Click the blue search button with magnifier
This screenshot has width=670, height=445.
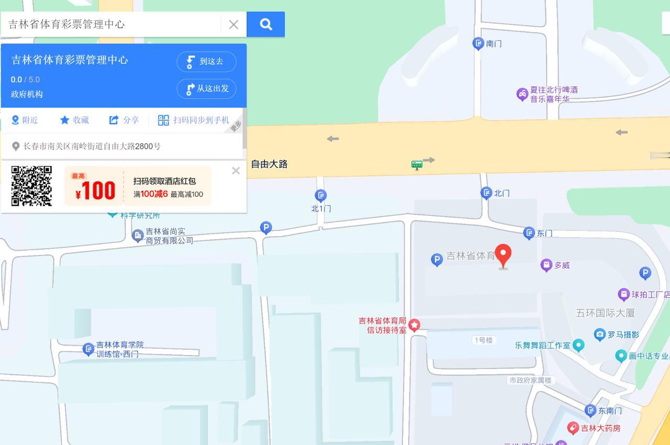point(265,25)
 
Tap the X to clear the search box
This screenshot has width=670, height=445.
point(233,25)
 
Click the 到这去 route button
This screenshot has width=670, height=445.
point(206,62)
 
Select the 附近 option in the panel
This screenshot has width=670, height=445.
point(25,120)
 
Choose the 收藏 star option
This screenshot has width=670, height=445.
point(74,120)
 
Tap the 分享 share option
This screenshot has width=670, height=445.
point(124,120)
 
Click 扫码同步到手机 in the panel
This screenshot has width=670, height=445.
point(194,120)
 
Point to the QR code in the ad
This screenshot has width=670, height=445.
point(31,186)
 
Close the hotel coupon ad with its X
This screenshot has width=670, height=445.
point(236,171)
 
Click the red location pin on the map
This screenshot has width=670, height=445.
point(503,255)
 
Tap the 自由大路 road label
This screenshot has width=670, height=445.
point(269,164)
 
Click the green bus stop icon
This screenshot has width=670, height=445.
point(417,165)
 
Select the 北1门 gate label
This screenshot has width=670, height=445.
point(321,208)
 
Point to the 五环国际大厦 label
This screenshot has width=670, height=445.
point(606,313)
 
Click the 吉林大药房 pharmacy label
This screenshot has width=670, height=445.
point(600,428)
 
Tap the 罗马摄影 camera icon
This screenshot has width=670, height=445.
point(600,334)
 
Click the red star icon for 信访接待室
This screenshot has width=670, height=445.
point(414,325)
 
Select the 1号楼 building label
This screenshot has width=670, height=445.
point(483,340)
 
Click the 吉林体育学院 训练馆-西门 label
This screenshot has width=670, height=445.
point(120,349)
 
